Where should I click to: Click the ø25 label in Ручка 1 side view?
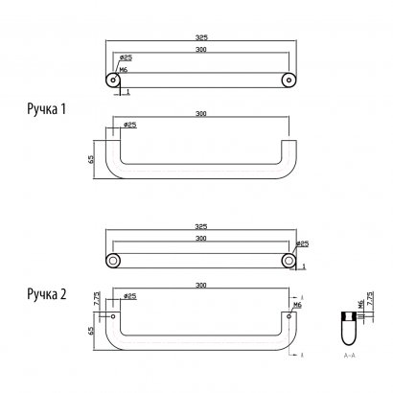pos(129,125)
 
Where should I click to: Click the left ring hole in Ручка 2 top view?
pos(113,261)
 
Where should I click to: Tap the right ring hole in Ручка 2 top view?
pos(287,261)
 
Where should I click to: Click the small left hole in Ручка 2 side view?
pos(113,312)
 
